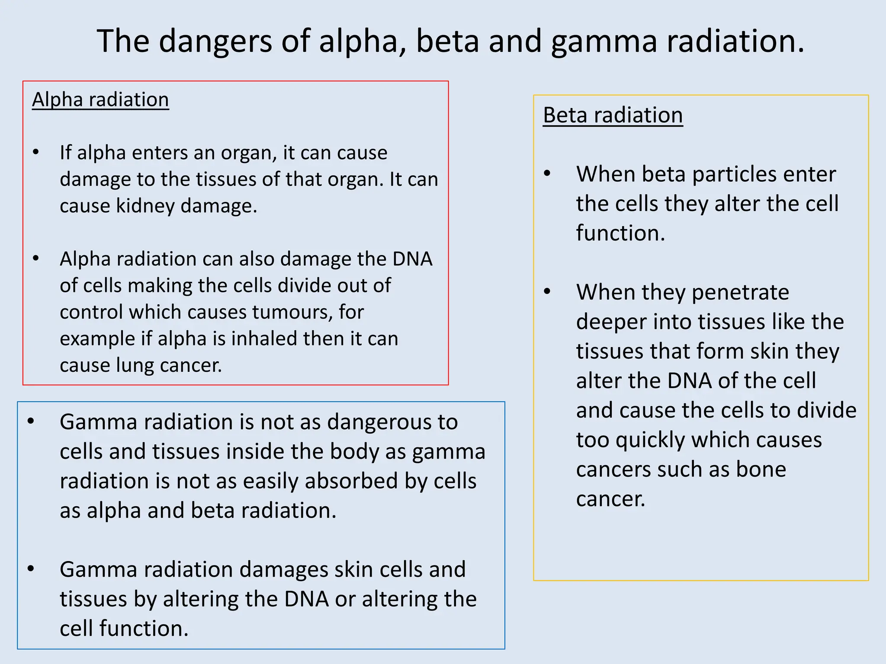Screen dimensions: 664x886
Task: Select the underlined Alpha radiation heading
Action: [x=100, y=100]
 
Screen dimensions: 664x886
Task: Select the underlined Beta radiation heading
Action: [x=613, y=115]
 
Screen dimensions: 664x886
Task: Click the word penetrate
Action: [x=740, y=293]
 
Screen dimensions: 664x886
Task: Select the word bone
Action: [x=761, y=469]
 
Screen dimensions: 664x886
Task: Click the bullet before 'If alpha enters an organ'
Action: [x=36, y=153]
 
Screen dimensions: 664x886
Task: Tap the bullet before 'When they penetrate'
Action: [x=547, y=292]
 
